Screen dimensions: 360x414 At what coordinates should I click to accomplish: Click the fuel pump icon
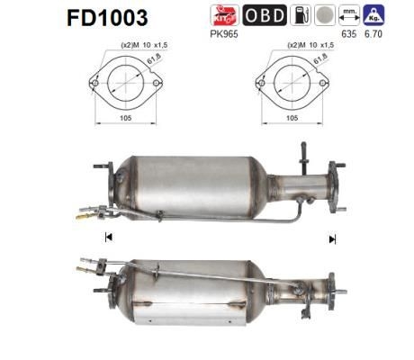[x=304, y=14]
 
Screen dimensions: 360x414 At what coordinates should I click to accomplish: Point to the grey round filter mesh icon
[x=327, y=14]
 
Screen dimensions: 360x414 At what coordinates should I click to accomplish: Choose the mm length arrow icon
[x=349, y=14]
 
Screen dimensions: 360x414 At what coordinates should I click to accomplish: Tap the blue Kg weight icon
[x=373, y=14]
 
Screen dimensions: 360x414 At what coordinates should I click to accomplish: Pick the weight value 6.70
[x=373, y=35]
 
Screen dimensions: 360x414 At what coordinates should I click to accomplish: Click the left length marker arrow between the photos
[x=109, y=237]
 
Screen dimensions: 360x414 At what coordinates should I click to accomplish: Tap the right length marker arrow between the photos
[x=332, y=238]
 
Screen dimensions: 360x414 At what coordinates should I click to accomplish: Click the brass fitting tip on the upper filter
[x=81, y=216]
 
